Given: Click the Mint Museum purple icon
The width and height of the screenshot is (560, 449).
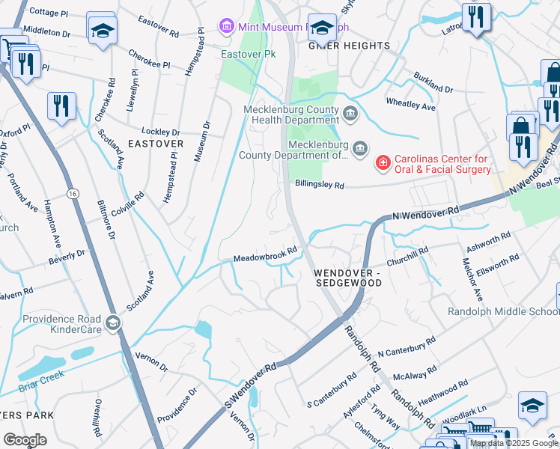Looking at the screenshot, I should [x=226, y=27].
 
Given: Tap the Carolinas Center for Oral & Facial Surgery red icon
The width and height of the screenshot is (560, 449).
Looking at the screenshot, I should [x=383, y=162].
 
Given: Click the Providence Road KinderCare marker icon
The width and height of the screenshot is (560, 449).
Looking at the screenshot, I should [x=113, y=323].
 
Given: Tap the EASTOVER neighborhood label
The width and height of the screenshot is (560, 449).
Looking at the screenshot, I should [x=155, y=143].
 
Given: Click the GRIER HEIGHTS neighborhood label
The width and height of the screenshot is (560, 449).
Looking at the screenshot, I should [x=350, y=46].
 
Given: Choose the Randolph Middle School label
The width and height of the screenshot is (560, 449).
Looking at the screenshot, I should [x=503, y=311].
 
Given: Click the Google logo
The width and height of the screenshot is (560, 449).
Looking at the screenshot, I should [x=25, y=440].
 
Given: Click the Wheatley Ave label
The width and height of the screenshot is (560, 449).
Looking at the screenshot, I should [x=410, y=103].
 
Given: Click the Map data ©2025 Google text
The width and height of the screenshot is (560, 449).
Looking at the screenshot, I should [x=514, y=444].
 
